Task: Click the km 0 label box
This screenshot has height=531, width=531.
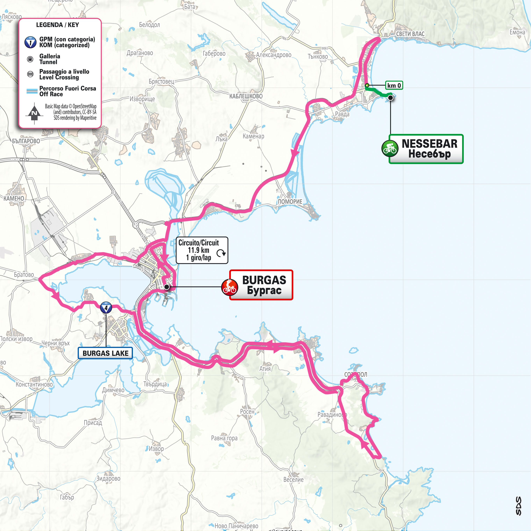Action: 394,85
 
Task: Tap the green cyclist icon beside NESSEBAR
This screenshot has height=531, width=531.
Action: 390,148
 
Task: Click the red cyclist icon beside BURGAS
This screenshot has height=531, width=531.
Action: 229,287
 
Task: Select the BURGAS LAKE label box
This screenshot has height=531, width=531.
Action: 105,353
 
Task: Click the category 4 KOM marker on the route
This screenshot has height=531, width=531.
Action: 106,308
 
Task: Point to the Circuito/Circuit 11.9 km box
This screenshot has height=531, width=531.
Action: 202,250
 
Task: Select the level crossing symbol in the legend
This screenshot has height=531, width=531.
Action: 30,74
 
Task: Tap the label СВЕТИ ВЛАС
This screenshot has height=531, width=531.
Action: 410,34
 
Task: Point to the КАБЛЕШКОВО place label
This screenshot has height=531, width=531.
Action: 246,96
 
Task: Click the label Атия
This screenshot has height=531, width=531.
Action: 265,369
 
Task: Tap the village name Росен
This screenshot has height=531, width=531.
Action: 247,412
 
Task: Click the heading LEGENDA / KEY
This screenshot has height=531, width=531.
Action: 57,25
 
